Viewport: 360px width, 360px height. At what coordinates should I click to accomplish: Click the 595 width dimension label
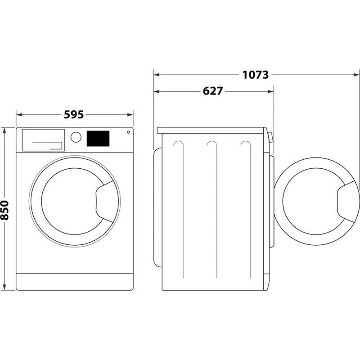tap(74, 115)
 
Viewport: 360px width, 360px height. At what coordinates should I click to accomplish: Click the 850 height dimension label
tap(5, 210)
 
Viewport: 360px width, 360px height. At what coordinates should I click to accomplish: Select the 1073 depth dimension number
tap(256, 75)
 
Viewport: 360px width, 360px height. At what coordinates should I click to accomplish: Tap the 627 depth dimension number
tap(212, 91)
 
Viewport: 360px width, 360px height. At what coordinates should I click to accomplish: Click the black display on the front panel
tap(98, 138)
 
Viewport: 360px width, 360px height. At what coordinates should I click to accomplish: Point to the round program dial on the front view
tap(76, 137)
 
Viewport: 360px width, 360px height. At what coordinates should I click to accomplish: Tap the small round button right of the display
tap(128, 132)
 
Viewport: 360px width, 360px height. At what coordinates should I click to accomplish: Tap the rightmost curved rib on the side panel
tap(246, 145)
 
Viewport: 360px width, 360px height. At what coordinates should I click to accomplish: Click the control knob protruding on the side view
tap(270, 137)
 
